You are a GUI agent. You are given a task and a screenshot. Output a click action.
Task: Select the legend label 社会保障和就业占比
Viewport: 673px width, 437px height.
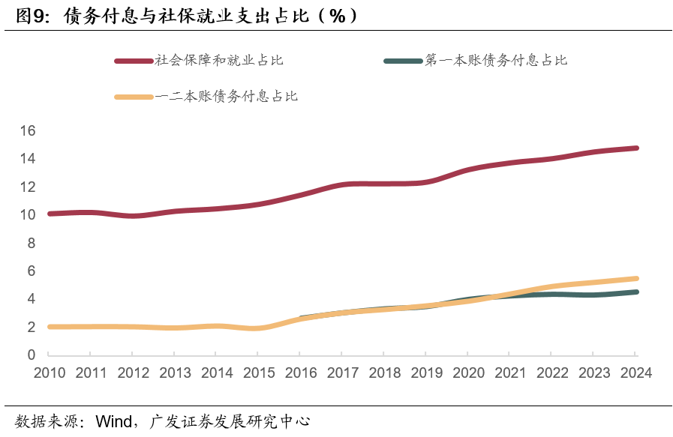[219, 60]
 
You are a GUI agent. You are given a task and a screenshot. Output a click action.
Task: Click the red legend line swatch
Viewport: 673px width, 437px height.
[134, 61]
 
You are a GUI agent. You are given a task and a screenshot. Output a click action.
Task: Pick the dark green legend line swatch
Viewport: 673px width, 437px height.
[403, 61]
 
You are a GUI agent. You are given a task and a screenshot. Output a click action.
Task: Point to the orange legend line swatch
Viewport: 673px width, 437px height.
[134, 97]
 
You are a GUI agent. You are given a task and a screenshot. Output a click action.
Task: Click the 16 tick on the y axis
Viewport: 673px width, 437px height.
[28, 130]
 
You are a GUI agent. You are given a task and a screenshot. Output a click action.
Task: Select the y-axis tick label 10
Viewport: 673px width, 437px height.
[28, 215]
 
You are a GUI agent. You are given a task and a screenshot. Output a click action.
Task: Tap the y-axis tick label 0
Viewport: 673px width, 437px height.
[32, 355]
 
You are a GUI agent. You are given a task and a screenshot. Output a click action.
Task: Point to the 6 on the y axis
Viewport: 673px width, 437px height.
[32, 271]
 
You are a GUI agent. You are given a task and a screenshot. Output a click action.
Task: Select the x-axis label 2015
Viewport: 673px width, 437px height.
[257, 373]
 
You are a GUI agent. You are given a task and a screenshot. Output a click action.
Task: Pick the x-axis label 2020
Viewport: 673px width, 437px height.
[467, 373]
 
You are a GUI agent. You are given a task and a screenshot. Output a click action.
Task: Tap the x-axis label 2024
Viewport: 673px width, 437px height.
[635, 373]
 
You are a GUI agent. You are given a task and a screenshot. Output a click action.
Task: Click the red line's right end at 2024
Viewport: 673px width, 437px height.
[635, 148]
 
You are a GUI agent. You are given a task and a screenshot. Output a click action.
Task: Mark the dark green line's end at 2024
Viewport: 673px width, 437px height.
[635, 292]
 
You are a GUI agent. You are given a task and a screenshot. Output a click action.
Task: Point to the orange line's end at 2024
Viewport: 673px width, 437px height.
[635, 279]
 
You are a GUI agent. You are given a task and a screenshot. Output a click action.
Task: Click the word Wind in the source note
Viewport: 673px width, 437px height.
[113, 421]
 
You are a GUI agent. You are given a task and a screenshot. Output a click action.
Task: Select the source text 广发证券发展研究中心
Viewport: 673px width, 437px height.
[230, 421]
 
